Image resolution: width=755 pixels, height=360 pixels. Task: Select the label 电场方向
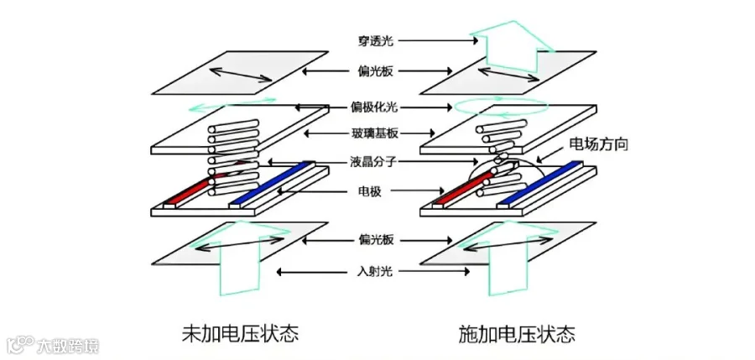coord(599,144)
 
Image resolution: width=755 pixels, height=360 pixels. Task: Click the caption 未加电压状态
coord(240,333)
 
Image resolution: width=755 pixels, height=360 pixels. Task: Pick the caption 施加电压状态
coord(517,333)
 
